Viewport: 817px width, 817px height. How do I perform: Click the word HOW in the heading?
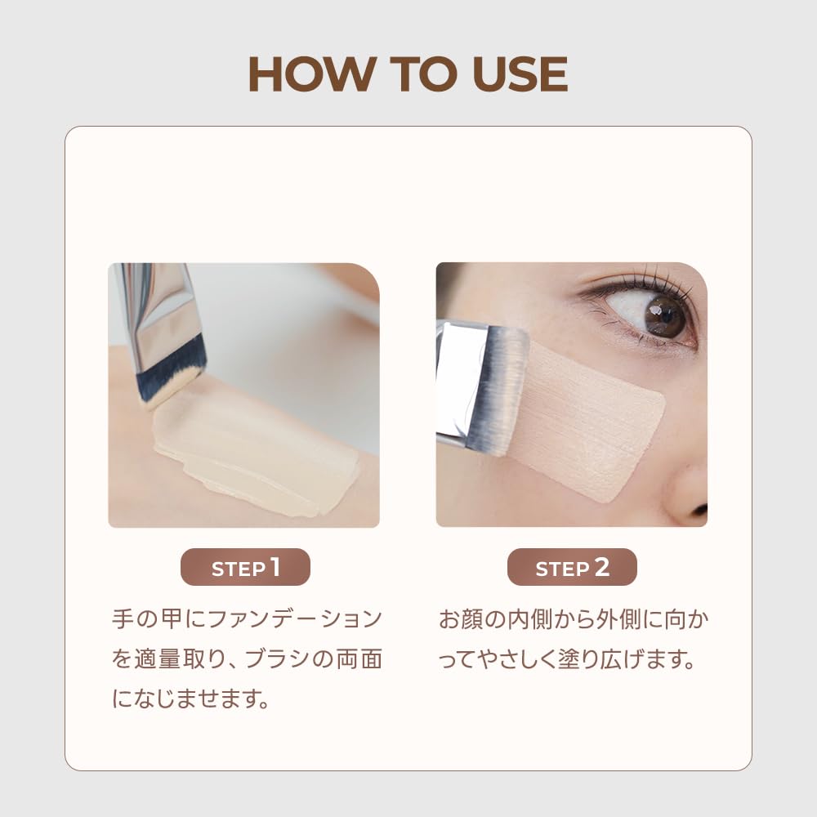pyautogui.click(x=312, y=74)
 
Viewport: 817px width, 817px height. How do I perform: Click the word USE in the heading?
pyautogui.click(x=520, y=74)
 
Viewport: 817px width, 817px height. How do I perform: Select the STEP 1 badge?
pyautogui.click(x=245, y=567)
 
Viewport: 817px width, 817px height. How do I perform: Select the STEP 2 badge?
pyautogui.click(x=572, y=567)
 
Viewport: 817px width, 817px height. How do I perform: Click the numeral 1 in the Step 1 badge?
pyautogui.click(x=275, y=567)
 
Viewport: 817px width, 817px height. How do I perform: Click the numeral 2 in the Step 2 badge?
pyautogui.click(x=602, y=567)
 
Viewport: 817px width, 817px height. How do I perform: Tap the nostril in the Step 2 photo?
pyautogui.click(x=701, y=510)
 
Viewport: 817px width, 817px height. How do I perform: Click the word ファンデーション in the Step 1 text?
pyautogui.click(x=294, y=619)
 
